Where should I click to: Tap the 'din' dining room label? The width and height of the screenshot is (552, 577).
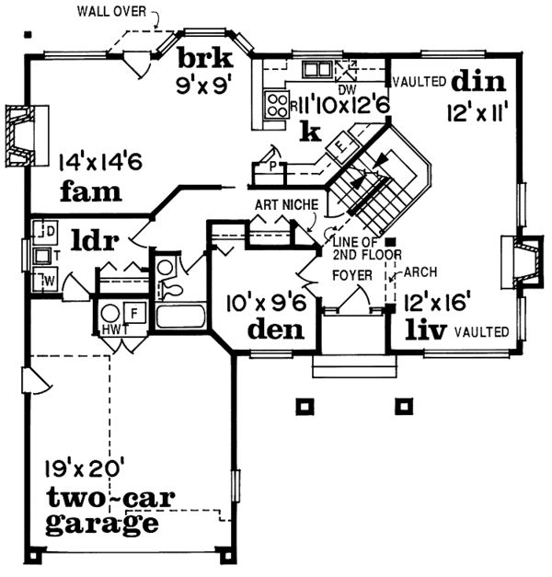pyautogui.click(x=478, y=82)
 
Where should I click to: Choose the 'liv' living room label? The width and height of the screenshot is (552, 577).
pyautogui.click(x=428, y=329)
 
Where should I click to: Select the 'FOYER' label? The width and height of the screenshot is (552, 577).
pyautogui.click(x=350, y=273)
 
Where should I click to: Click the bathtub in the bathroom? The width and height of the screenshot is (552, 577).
pyautogui.click(x=181, y=318)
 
